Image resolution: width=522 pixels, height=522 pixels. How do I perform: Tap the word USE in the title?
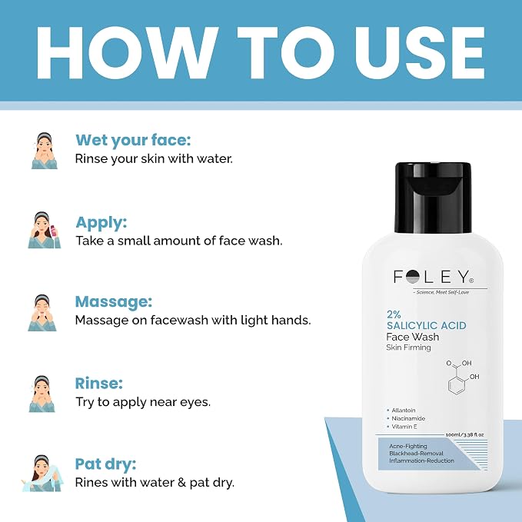tap(420, 52)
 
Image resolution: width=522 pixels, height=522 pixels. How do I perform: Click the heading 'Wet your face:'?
tap(133, 140)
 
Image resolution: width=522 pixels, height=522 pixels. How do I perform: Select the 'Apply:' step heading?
tap(101, 222)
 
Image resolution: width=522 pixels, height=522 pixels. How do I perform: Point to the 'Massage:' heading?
tap(114, 301)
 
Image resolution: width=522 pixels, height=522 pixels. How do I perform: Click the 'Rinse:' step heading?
tap(99, 383)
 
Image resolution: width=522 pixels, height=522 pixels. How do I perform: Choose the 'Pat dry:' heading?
tap(105, 464)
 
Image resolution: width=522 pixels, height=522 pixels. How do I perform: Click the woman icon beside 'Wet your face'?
tap(45, 151)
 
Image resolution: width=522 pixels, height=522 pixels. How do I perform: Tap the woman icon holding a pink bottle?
tap(45, 230)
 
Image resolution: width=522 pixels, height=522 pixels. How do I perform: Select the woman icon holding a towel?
tap(42, 473)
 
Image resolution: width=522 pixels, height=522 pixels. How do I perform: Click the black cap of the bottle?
tap(433, 198)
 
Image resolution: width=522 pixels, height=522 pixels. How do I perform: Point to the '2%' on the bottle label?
tap(394, 314)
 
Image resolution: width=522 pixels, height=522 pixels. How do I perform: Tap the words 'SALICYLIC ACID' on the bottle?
tap(427, 325)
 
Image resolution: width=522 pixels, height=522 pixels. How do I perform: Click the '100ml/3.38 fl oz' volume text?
tap(464, 434)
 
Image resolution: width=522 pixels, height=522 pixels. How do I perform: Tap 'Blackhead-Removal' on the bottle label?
tap(416, 454)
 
